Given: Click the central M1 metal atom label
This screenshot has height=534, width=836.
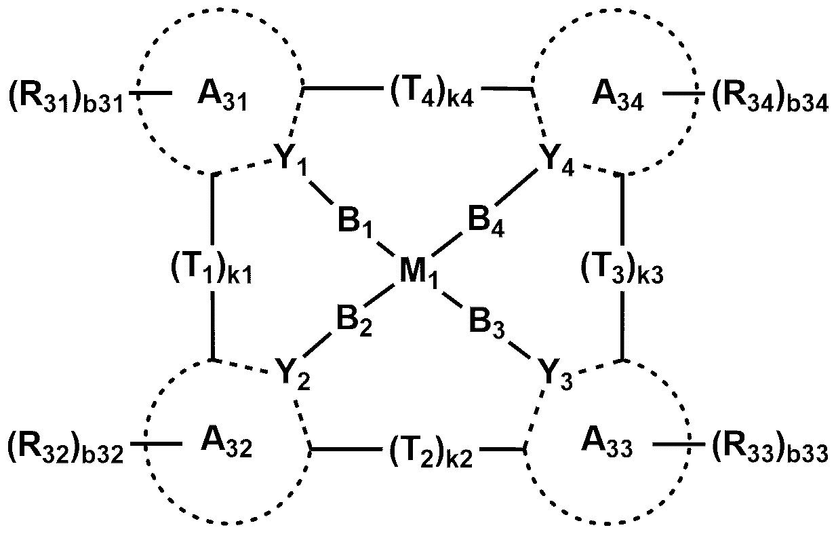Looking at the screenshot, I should [x=418, y=275].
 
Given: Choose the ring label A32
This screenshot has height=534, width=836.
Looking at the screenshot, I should [x=227, y=446].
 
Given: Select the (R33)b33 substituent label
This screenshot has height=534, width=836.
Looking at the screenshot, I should [x=769, y=449].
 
